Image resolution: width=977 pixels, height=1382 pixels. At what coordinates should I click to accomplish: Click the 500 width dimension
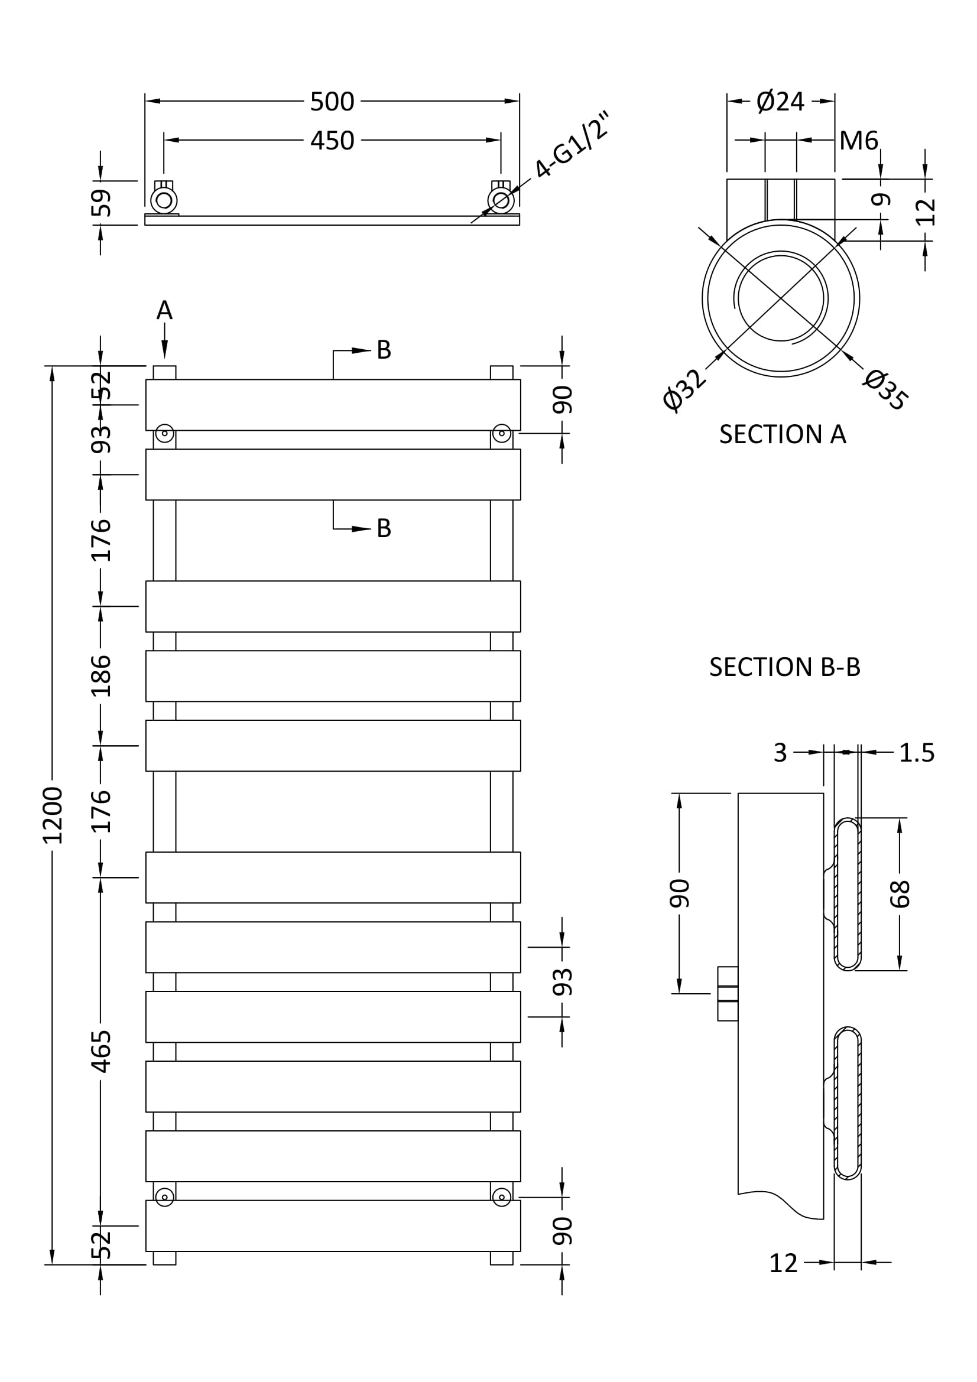(332, 102)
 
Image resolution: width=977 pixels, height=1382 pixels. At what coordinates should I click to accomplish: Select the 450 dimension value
(332, 141)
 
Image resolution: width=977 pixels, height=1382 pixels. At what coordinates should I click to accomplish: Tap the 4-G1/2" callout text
(571, 145)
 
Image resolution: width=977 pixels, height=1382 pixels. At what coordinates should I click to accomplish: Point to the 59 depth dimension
(102, 202)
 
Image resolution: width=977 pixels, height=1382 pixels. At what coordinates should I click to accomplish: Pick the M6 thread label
(858, 141)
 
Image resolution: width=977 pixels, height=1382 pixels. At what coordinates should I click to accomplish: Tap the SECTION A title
(782, 435)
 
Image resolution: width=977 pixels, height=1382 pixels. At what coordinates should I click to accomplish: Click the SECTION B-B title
(784, 667)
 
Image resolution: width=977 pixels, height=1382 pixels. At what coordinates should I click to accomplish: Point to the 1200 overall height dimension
(53, 815)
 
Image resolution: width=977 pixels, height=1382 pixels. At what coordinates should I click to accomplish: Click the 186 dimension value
(102, 675)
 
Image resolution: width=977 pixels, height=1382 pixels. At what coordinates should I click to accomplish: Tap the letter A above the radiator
(164, 311)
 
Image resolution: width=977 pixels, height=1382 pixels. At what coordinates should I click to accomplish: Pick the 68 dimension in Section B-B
(900, 894)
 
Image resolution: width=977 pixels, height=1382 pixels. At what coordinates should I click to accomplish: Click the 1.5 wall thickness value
(916, 752)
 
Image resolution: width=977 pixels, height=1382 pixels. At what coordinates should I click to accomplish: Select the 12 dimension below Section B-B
(783, 1263)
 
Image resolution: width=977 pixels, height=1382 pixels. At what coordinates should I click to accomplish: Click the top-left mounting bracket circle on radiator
(164, 433)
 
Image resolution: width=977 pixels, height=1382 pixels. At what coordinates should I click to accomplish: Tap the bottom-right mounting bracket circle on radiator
(501, 1197)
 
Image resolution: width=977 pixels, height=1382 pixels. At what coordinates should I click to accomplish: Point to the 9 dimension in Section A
(881, 199)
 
